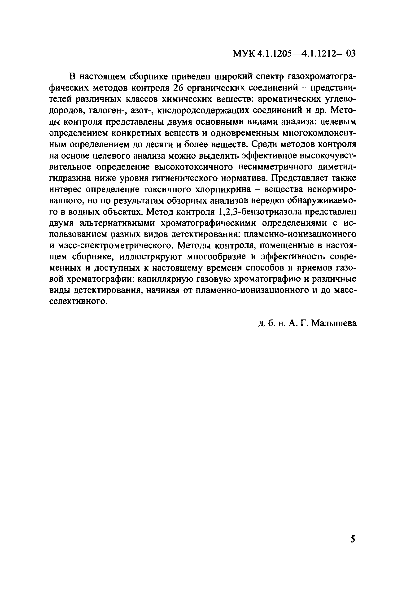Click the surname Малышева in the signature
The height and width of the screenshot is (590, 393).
point(334,323)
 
